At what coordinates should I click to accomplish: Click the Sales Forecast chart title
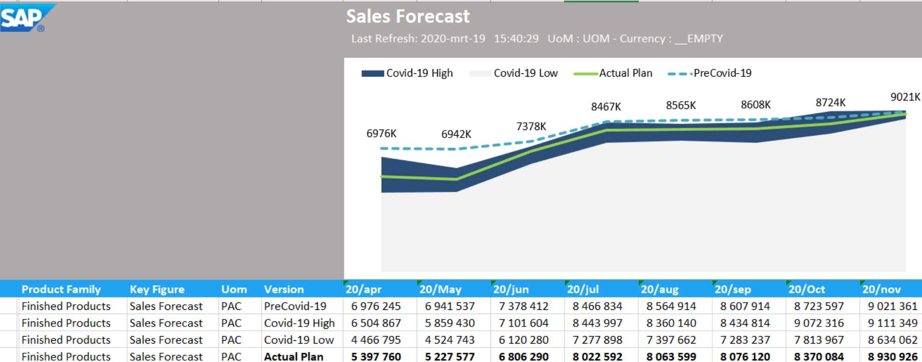point(408,17)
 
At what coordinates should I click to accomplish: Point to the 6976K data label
point(381,134)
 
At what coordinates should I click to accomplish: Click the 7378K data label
point(531,126)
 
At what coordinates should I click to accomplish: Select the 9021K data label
point(905,97)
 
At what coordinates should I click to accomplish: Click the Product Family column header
point(61,290)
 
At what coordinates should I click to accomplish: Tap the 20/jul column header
point(583,290)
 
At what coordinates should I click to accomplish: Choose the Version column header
point(284,290)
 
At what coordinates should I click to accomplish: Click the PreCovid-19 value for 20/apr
point(376,306)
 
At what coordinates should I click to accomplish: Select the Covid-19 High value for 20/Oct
point(819,323)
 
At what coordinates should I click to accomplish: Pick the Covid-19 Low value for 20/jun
point(523,340)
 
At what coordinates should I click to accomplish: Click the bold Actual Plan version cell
point(294,356)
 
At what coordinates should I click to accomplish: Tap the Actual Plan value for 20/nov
point(892,356)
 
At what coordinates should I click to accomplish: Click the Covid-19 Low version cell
point(299,340)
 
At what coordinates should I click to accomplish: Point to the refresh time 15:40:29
point(516,39)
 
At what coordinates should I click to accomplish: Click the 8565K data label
point(680,106)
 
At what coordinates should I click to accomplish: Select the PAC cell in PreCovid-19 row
point(231,306)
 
